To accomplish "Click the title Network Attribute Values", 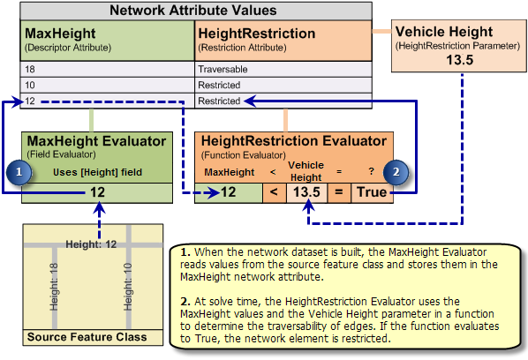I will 192,11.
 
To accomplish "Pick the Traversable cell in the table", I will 223,67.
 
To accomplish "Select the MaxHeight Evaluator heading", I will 96,140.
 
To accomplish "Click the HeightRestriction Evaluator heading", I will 294,140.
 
